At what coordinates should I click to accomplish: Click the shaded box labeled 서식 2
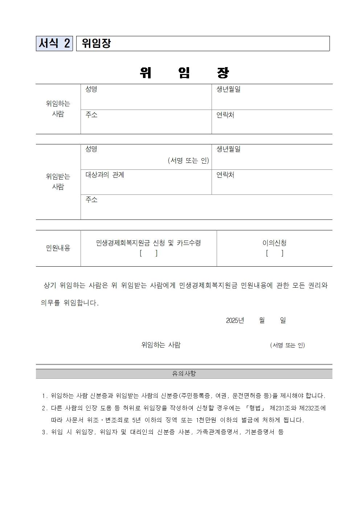(x=54, y=44)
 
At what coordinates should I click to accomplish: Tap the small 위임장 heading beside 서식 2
(x=96, y=44)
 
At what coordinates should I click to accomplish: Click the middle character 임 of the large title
(x=184, y=73)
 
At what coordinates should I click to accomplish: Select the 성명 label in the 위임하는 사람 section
(x=91, y=89)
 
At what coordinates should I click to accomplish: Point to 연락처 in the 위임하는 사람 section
(x=225, y=115)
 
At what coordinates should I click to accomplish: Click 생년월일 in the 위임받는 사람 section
(x=228, y=149)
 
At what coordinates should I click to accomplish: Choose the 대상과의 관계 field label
(x=105, y=175)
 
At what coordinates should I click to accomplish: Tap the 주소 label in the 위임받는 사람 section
(x=91, y=200)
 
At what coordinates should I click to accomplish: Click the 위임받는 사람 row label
(x=58, y=181)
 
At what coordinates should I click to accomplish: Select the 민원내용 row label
(x=58, y=248)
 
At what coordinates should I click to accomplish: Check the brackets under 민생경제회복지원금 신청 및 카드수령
(x=148, y=253)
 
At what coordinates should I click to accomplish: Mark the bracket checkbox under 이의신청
(x=274, y=253)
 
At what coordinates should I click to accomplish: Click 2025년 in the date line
(x=235, y=320)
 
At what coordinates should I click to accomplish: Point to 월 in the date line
(x=262, y=320)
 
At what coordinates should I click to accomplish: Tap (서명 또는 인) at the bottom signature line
(x=287, y=345)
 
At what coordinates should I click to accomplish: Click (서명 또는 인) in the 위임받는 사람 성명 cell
(x=188, y=160)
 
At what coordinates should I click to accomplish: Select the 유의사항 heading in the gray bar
(x=184, y=373)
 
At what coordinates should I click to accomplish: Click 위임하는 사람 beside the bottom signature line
(x=161, y=345)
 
